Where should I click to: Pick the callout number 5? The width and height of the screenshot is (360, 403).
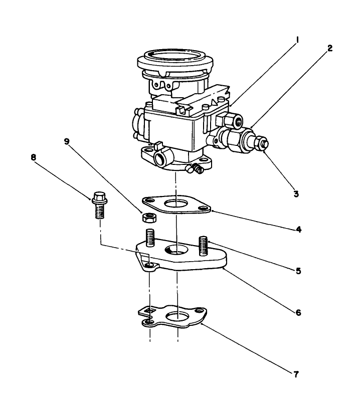click(298, 271)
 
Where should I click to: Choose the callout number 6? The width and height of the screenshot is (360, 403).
click(298, 312)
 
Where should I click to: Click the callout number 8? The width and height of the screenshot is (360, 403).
click(34, 157)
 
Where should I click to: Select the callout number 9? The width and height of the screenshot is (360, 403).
click(67, 142)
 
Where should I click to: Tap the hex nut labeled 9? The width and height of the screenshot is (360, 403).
click(148, 218)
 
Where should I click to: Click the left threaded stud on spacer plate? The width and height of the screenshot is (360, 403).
click(150, 236)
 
